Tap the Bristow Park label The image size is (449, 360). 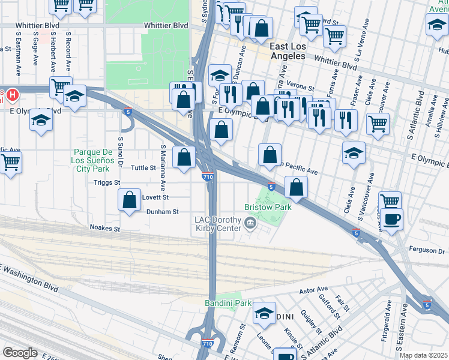[x=267, y=206]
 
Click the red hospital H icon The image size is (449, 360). [x=13, y=95]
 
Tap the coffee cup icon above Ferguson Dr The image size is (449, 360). [x=393, y=220]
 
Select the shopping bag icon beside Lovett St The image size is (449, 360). [x=130, y=201]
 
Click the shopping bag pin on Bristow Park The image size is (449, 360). [x=296, y=188]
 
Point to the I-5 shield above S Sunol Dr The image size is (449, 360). [x=128, y=111]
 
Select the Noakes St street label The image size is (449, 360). [x=105, y=228]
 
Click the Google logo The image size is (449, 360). [x=20, y=353]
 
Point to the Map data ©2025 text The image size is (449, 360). [x=423, y=355]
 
